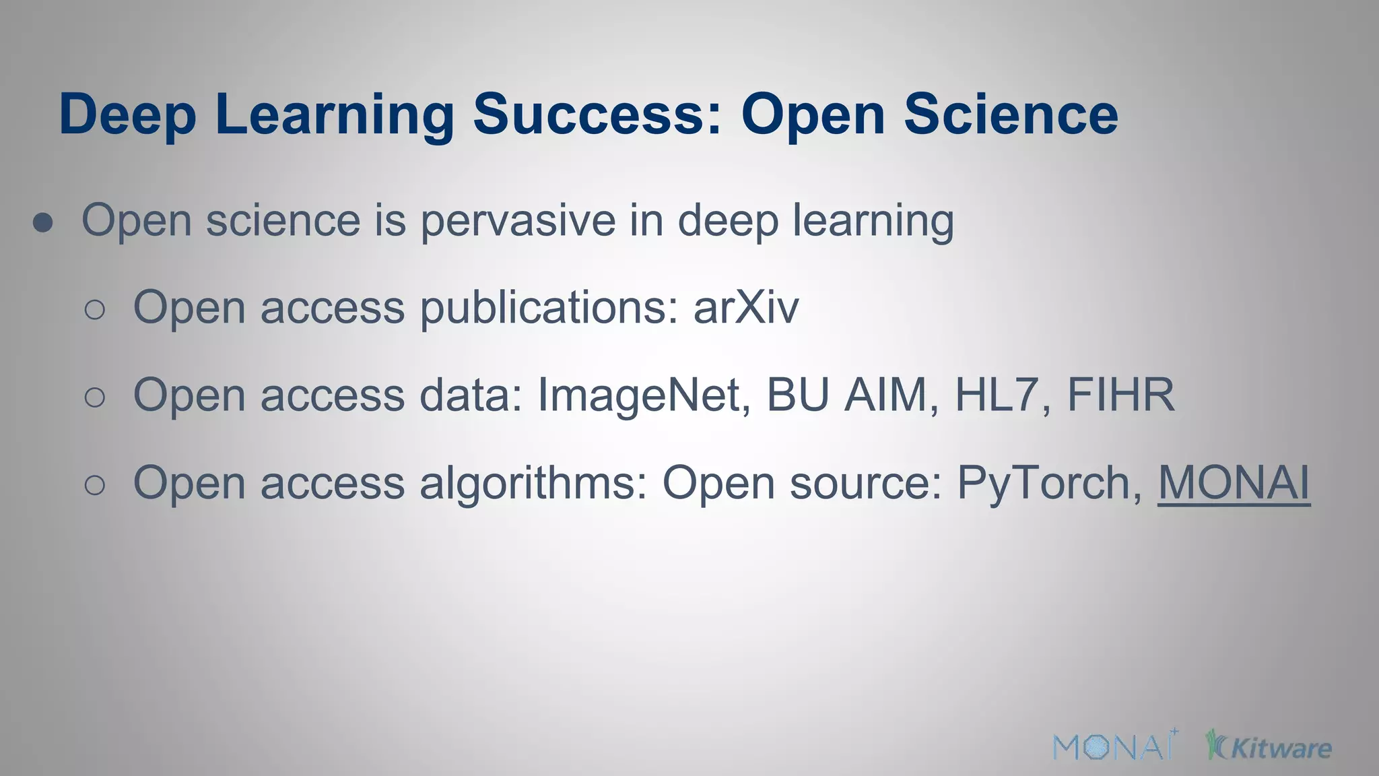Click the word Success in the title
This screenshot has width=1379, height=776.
click(x=597, y=115)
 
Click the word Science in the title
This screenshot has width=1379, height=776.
click(x=1011, y=115)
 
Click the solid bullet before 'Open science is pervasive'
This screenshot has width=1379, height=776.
click(x=43, y=223)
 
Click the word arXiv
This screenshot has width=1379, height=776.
click(x=746, y=308)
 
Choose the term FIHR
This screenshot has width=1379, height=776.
click(x=1121, y=395)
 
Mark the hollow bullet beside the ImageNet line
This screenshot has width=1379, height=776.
click(x=95, y=397)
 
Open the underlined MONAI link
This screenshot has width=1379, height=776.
click(x=1234, y=483)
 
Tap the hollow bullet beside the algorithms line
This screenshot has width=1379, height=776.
click(x=95, y=485)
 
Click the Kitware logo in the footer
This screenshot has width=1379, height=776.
click(x=1269, y=746)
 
